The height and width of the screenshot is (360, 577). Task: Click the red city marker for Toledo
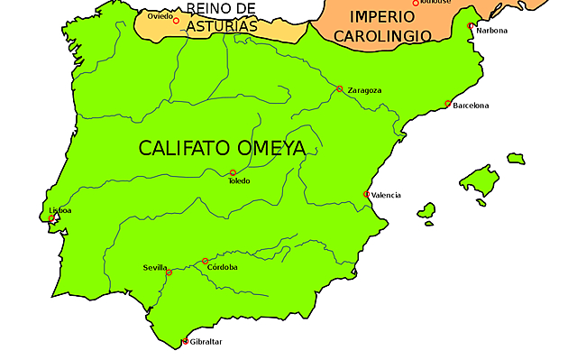pyautogui.click(x=233, y=172)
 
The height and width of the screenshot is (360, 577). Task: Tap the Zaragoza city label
pyautogui.click(x=363, y=91)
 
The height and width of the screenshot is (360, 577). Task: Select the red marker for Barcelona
pyautogui.click(x=448, y=104)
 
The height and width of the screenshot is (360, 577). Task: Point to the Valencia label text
pyautogui.click(x=386, y=196)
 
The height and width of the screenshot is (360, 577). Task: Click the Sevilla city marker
pyautogui.click(x=169, y=272)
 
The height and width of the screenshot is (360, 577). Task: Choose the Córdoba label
pyautogui.click(x=222, y=267)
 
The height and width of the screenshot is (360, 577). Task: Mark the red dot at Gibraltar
pyautogui.click(x=185, y=342)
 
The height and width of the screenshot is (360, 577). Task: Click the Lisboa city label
pyautogui.click(x=60, y=210)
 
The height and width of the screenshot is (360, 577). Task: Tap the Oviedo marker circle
pyautogui.click(x=176, y=21)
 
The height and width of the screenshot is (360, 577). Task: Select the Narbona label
pyautogui.click(x=492, y=31)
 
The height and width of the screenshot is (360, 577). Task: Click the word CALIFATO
pyautogui.click(x=185, y=148)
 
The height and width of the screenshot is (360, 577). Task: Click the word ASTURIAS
pyautogui.click(x=222, y=26)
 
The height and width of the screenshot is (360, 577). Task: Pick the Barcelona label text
pyautogui.click(x=471, y=106)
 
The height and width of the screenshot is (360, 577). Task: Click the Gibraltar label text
pyautogui.click(x=206, y=342)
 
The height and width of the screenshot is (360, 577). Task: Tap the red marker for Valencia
pyautogui.click(x=366, y=194)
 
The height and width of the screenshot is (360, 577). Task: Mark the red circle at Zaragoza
pyautogui.click(x=339, y=88)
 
